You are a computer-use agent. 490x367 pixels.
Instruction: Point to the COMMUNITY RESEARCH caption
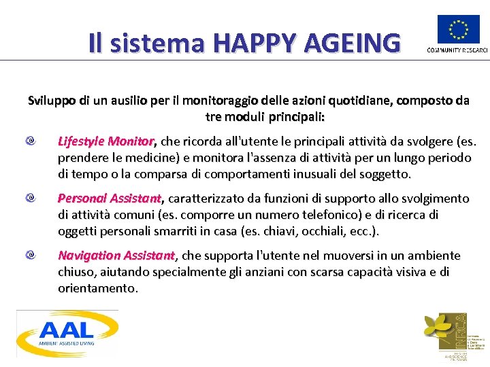pyautogui.click(x=457, y=50)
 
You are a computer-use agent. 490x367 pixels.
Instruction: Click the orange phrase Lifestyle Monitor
pyautogui.click(x=106, y=141)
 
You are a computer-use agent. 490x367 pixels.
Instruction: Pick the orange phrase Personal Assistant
pyautogui.click(x=110, y=198)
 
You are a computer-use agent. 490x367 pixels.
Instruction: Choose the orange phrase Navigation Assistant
pyautogui.click(x=116, y=256)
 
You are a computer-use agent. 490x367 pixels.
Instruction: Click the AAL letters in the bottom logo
pyautogui.click(x=67, y=330)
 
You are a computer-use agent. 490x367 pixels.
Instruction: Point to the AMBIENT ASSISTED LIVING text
pyautogui.click(x=67, y=345)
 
